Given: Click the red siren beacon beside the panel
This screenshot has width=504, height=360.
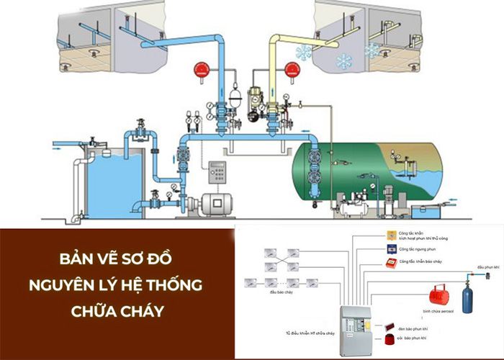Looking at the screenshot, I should pos(392,340).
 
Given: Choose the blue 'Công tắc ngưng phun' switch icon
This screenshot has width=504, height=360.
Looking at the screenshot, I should pos(392,248).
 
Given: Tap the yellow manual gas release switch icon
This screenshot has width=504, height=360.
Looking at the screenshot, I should pos(392,235).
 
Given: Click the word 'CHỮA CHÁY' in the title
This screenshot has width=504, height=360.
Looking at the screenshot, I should pos(117,312).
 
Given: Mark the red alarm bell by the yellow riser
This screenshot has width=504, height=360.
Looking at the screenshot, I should pos(292,70).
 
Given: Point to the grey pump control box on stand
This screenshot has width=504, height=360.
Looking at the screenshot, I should pos(216,174).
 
